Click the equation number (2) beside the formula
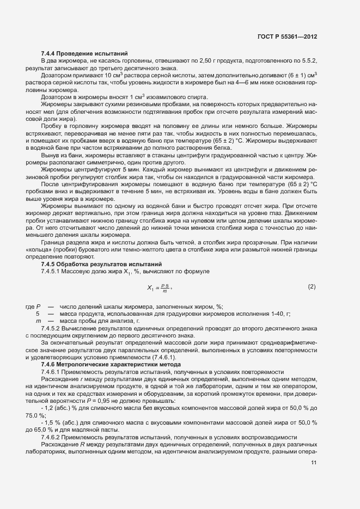click(x=312, y=286)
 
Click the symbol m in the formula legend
click(x=38, y=322)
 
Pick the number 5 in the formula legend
click(x=38, y=314)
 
